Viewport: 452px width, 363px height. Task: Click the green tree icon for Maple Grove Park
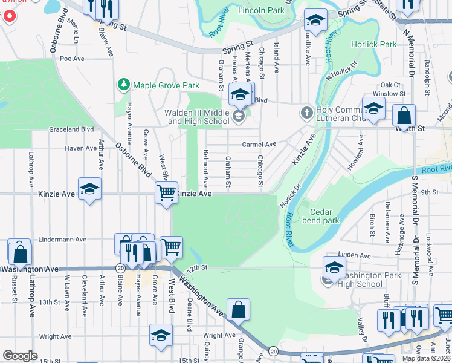124,85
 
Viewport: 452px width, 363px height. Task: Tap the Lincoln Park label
261,10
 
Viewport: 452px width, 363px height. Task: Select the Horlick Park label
374,44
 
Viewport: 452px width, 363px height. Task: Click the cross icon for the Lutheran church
306,113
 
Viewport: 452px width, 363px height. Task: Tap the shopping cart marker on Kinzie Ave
166,194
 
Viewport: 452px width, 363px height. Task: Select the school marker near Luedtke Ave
315,21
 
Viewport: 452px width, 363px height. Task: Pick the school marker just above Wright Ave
161,336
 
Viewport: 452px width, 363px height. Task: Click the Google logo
19,356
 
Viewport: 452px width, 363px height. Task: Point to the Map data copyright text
427,358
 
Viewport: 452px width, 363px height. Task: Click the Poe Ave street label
71,59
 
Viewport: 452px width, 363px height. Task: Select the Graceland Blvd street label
71,129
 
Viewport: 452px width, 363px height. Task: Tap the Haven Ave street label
80,148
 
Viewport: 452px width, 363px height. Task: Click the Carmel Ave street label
259,145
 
